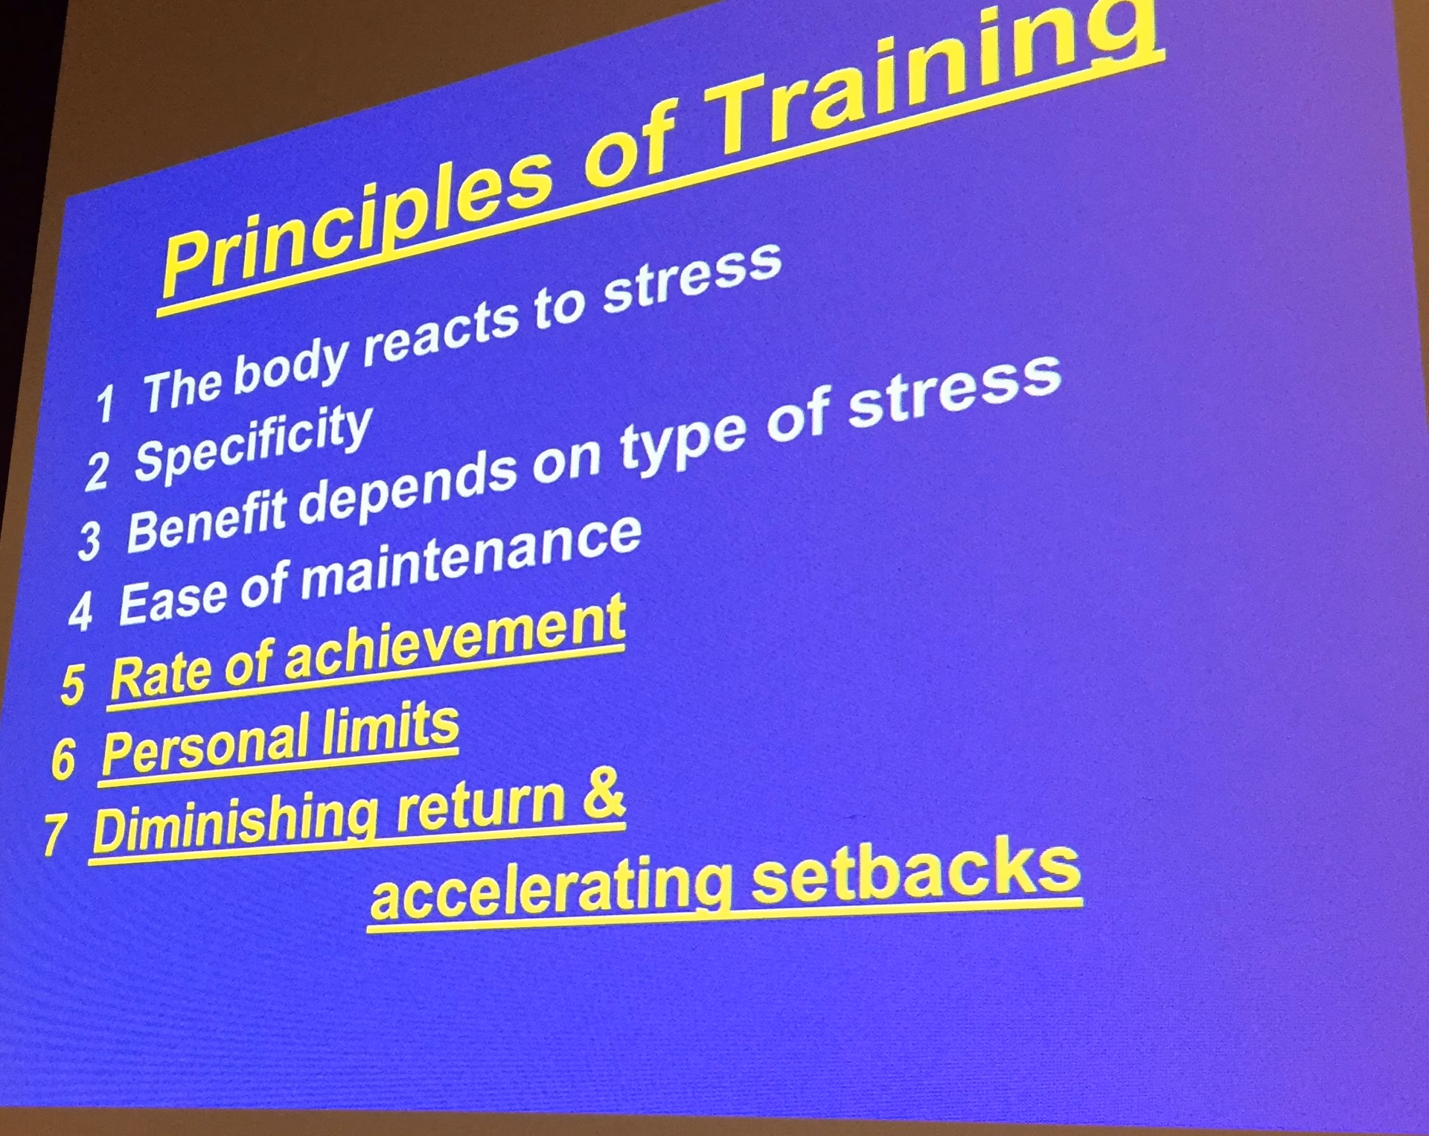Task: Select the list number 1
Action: [x=105, y=403]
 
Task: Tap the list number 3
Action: [x=89, y=540]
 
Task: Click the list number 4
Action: [x=80, y=612]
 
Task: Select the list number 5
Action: [x=73, y=683]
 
